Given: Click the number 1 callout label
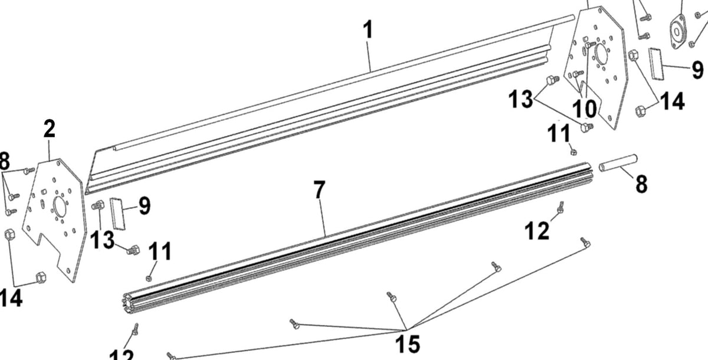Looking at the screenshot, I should pyautogui.click(x=368, y=30).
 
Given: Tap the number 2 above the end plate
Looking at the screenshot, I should pyautogui.click(x=50, y=129).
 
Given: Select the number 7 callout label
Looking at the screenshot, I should pyautogui.click(x=319, y=191).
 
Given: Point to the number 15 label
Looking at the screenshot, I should pyautogui.click(x=408, y=343).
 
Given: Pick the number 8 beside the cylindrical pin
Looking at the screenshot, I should pyautogui.click(x=641, y=184).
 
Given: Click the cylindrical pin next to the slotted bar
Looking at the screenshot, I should pyautogui.click(x=618, y=163).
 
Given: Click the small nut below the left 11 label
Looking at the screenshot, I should pyautogui.click(x=149, y=277).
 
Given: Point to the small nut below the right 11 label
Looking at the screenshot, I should pyautogui.click(x=573, y=151).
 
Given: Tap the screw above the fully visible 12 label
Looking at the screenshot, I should pyautogui.click(x=560, y=207).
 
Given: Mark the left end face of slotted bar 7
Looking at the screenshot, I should pyautogui.click(x=129, y=300).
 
